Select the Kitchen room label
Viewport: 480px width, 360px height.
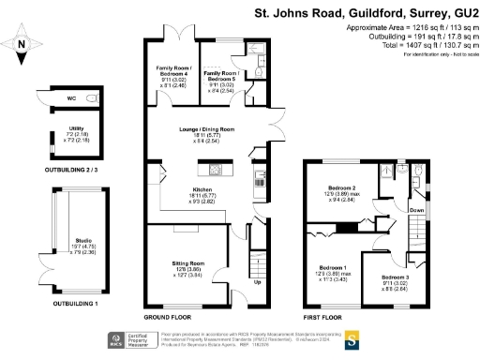coord(202,190)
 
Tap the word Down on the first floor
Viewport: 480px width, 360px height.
coord(417,211)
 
